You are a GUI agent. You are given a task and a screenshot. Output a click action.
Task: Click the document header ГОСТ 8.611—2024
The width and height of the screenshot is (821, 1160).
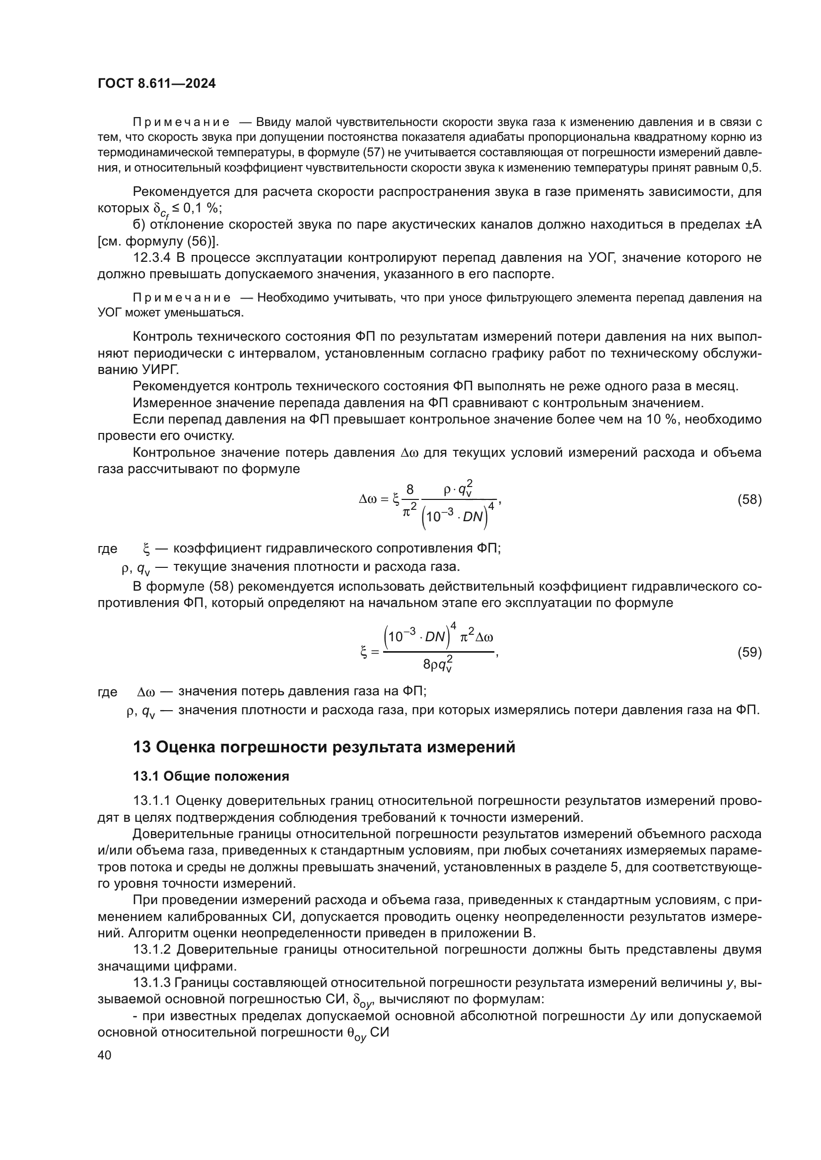(156, 84)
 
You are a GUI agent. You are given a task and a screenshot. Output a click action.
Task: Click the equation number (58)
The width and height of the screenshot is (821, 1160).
(749, 500)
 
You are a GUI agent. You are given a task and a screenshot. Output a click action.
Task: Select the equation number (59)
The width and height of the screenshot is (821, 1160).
(749, 652)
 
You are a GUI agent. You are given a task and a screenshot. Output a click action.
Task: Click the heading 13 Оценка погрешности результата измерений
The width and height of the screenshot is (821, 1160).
(324, 747)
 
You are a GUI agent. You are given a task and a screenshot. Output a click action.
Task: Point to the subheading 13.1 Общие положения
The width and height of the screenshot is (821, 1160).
(211, 777)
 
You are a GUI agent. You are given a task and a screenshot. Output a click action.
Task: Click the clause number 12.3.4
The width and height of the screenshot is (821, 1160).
(152, 258)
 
